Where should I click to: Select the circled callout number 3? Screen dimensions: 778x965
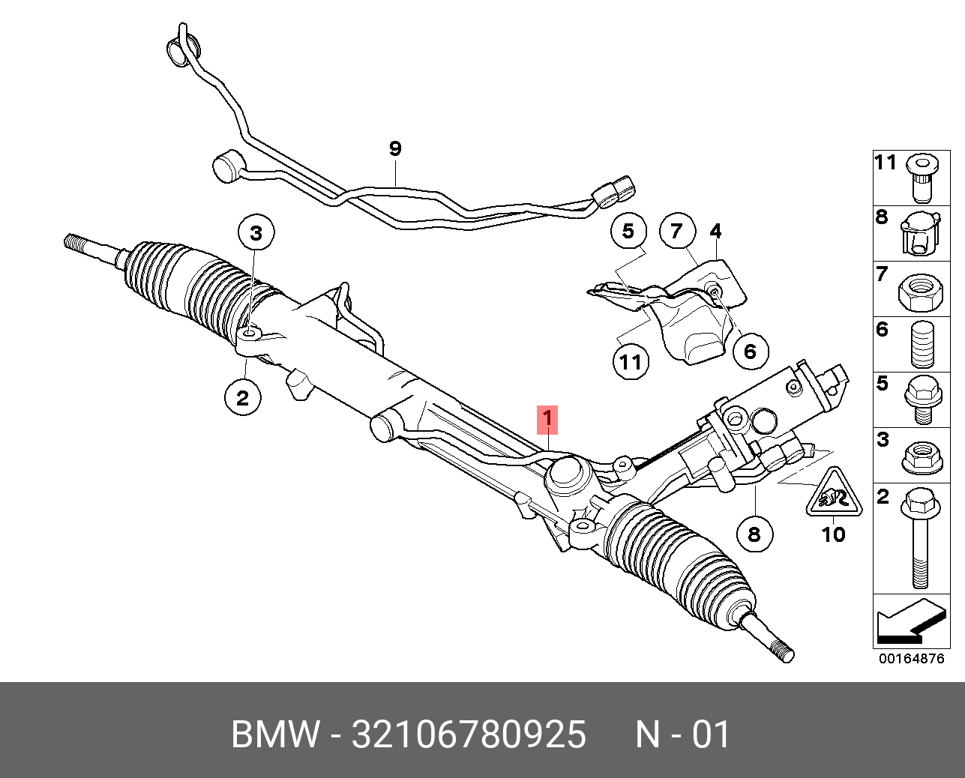click(x=256, y=232)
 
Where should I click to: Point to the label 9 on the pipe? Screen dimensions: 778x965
click(x=395, y=148)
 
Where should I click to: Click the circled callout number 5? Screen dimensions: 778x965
click(x=628, y=231)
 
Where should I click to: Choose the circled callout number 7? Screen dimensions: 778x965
click(x=677, y=231)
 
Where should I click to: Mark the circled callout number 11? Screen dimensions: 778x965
click(x=630, y=362)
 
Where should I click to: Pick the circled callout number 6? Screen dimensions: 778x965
click(x=751, y=350)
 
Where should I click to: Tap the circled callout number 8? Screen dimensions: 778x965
click(x=754, y=534)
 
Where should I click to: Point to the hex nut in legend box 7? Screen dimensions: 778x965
click(x=919, y=289)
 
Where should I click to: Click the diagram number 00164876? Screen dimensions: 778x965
click(x=912, y=660)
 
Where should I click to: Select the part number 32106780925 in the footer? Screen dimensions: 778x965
click(x=469, y=735)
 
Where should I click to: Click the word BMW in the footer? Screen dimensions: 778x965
click(x=274, y=735)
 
